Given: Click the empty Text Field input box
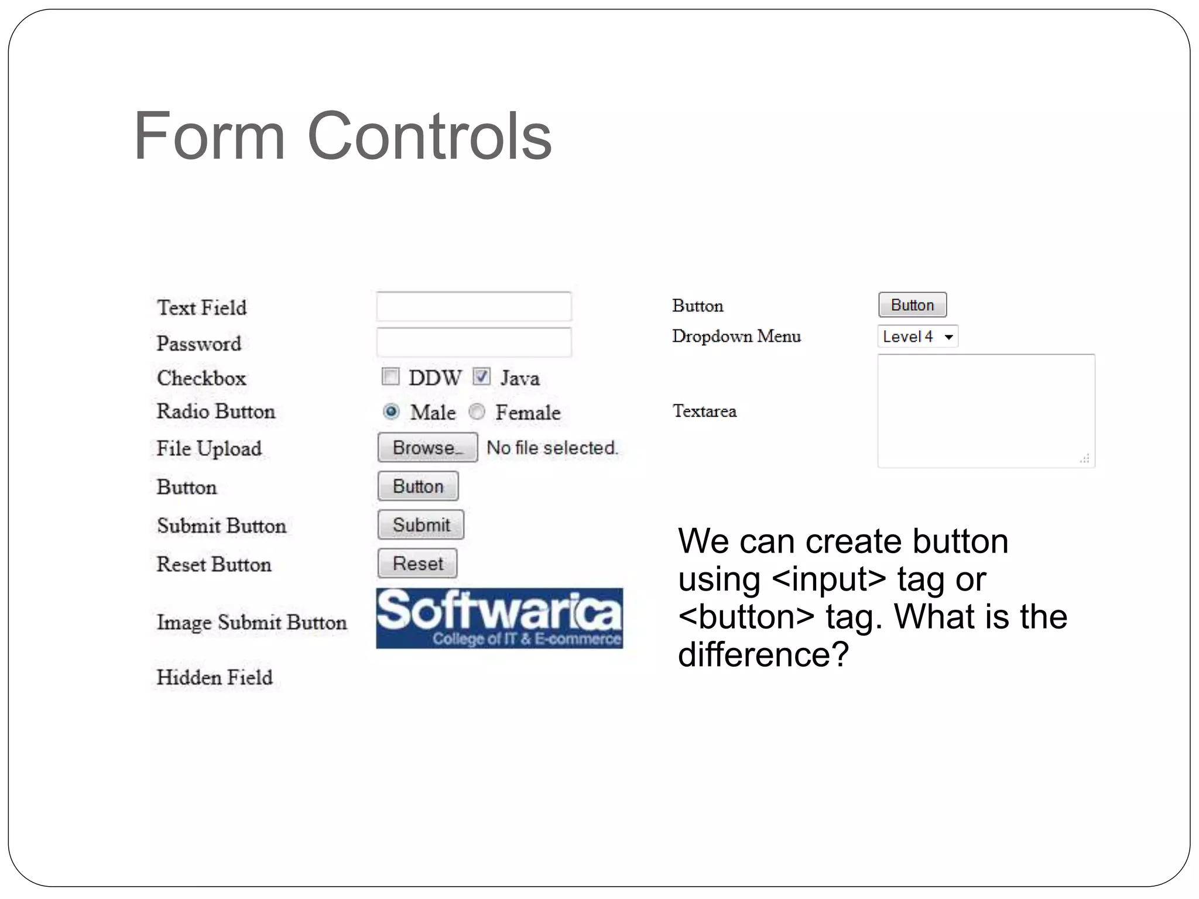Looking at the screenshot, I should coord(474,306).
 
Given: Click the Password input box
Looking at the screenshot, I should coord(474,342).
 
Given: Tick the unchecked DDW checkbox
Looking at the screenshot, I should coord(390,376).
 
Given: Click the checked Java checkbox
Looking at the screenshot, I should coord(481,376).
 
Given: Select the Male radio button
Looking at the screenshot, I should coord(391,412).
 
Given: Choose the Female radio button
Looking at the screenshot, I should coord(477,412).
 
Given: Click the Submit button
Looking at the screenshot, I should coord(421,524).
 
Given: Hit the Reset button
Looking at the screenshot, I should coord(417,563).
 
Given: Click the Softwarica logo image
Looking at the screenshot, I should coord(499,618).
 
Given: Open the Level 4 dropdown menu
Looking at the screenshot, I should coord(917,337).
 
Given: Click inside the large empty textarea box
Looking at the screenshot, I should coord(986,410).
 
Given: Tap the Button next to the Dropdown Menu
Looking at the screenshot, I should coord(912,305).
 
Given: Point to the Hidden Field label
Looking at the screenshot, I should coord(215,677).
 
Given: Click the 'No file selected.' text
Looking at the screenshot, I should coord(552,448).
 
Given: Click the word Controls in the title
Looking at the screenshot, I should coord(429,136).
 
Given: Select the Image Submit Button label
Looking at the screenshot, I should coord(252,622).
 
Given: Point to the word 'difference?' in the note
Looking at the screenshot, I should coord(763,654).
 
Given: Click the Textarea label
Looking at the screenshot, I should coord(704,411).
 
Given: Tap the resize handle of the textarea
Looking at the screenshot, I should coord(1085,459).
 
